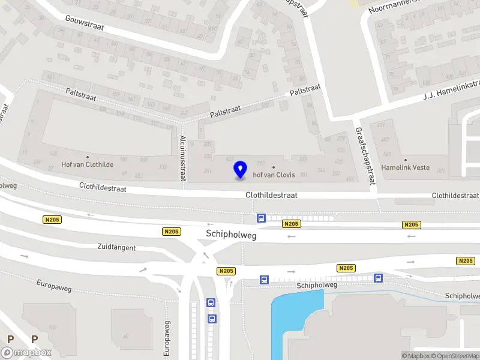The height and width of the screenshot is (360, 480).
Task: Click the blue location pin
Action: pyautogui.click(x=240, y=169)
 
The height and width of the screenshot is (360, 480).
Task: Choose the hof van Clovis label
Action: pyautogui.click(x=274, y=175)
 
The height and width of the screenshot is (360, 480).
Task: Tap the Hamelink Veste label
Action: pyautogui.click(x=406, y=168)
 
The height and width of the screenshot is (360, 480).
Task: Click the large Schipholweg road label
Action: pyautogui.click(x=231, y=236)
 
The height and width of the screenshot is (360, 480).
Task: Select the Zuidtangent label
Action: pyautogui.click(x=116, y=247)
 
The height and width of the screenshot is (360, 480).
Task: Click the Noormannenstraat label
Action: pyautogui.click(x=396, y=5)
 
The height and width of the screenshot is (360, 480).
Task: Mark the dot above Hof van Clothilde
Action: pyautogui.click(x=88, y=157)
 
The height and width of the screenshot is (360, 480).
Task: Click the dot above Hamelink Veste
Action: pyautogui.click(x=406, y=160)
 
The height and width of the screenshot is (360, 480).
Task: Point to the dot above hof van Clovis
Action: pyautogui.click(x=274, y=167)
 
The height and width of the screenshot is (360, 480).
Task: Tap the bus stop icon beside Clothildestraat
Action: pyautogui.click(x=261, y=218)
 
